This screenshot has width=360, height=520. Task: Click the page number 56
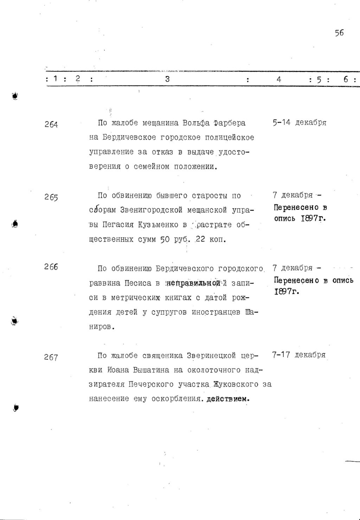339,33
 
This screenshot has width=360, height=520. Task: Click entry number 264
51,124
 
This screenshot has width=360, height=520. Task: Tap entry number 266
51,267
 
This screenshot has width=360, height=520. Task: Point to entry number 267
51,357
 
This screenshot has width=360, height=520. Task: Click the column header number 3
167,79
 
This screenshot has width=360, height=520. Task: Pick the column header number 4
279,79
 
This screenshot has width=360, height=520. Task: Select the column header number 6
346,79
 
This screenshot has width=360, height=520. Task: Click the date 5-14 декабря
299,123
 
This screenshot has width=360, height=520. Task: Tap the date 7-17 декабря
299,355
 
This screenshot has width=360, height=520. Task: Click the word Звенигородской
152,210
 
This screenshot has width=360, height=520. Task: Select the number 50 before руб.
165,240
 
